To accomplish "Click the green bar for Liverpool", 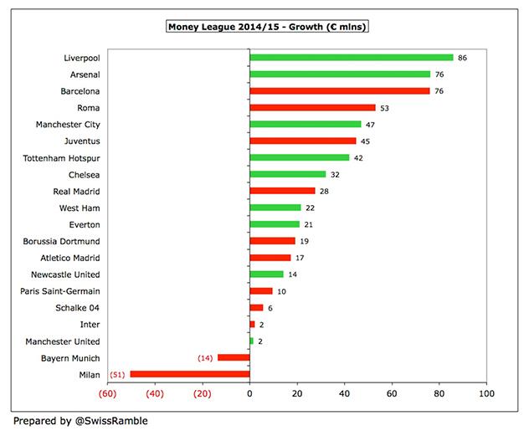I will pyautogui.click(x=351, y=58).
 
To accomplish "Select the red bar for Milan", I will pyautogui.click(x=189, y=374).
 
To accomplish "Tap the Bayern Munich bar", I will pyautogui.click(x=234, y=357).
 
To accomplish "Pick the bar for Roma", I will pyautogui.click(x=312, y=108).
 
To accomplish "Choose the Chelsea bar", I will pyautogui.click(x=287, y=174).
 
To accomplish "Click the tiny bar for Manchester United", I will pyautogui.click(x=251, y=341).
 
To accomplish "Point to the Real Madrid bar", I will pyautogui.click(x=282, y=191).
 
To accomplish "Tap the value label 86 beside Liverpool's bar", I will pyautogui.click(x=463, y=58).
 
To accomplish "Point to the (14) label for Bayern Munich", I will pyautogui.click(x=205, y=357).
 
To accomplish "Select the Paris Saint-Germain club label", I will pyautogui.click(x=60, y=291).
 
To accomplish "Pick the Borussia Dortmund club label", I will pyautogui.click(x=60, y=241).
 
